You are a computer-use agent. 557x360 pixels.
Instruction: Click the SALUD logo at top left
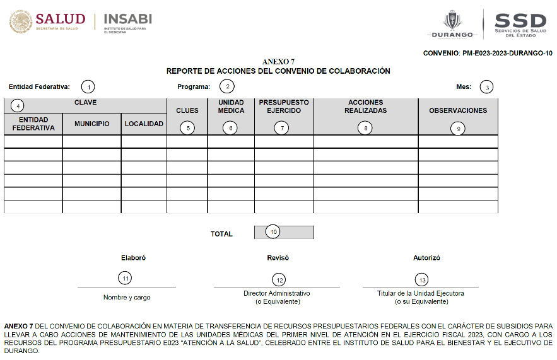44,23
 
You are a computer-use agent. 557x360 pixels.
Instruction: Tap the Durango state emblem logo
452,24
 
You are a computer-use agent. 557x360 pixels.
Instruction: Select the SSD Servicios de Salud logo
520,24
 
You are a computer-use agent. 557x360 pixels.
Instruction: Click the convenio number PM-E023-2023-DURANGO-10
488,53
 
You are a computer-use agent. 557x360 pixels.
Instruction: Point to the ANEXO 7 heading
278,62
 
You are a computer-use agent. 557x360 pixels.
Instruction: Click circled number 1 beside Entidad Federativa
89,87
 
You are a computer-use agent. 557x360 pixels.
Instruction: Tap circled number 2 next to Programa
226,87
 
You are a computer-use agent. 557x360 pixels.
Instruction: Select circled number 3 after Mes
486,87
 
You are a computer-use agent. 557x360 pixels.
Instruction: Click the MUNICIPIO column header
91,124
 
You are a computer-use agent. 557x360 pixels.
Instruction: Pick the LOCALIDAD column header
144,124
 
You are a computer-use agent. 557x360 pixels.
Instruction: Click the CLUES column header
187,110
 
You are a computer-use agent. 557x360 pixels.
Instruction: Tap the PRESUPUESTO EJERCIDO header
283,106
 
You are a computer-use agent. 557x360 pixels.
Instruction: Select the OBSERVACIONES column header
458,110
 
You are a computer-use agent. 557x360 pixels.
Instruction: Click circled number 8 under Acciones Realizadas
365,127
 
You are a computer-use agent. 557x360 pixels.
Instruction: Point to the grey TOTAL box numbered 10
283,232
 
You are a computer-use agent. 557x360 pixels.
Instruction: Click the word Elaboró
133,258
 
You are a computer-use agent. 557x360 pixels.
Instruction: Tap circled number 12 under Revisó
278,279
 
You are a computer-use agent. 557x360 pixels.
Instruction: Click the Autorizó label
426,258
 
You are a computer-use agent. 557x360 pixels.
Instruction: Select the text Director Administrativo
277,294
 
